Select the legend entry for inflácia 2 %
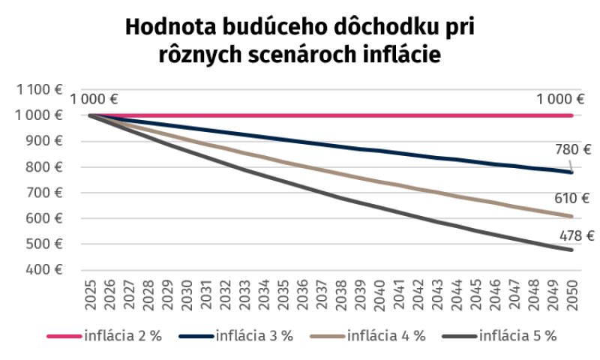[104, 336]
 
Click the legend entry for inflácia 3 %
[236, 336]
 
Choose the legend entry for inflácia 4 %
[367, 336]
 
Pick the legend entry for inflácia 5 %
[499, 336]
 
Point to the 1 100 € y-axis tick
[39, 89]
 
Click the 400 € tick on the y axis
[44, 270]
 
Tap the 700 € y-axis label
[44, 193]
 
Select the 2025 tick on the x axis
[90, 295]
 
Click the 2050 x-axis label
[572, 295]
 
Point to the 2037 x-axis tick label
[322, 295]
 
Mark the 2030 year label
[187, 295]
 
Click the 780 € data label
[573, 149]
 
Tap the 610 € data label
[571, 198]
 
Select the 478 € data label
[577, 235]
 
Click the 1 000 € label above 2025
[94, 100]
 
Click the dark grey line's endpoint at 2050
[571, 250]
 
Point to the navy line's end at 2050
[571, 172]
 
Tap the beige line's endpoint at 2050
[571, 216]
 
